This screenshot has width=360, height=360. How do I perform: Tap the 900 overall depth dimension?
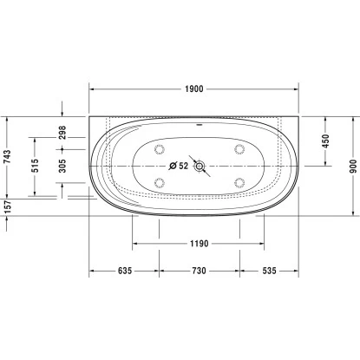point(351,165)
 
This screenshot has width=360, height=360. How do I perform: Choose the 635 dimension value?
point(123,272)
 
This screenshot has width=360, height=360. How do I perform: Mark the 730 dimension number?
point(198,272)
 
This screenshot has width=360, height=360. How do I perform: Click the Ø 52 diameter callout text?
point(176,166)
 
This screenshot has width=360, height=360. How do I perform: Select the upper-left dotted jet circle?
point(160,149)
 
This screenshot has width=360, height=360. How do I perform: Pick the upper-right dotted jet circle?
point(237,149)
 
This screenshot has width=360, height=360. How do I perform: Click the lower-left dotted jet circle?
point(160,182)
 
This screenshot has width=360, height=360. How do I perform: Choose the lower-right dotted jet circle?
point(237,182)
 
